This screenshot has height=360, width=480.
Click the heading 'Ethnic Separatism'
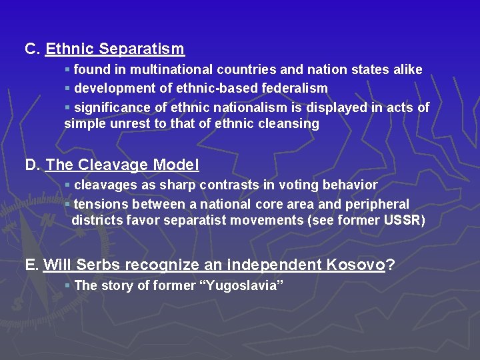tap(115, 49)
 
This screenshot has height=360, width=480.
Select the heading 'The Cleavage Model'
tap(122, 165)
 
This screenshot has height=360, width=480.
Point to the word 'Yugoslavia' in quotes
tap(243, 285)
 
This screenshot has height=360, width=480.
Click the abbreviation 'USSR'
tap(404, 220)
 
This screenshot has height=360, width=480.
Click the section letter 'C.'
tap(33, 49)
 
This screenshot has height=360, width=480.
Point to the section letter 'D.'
tap(33, 165)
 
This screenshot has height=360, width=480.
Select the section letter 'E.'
tap(32, 265)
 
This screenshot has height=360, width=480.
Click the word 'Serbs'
tap(99, 265)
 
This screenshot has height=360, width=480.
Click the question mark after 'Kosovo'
tap(391, 265)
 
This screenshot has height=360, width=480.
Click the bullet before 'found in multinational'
tap(67, 69)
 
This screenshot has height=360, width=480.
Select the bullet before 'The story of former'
tap(67, 285)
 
